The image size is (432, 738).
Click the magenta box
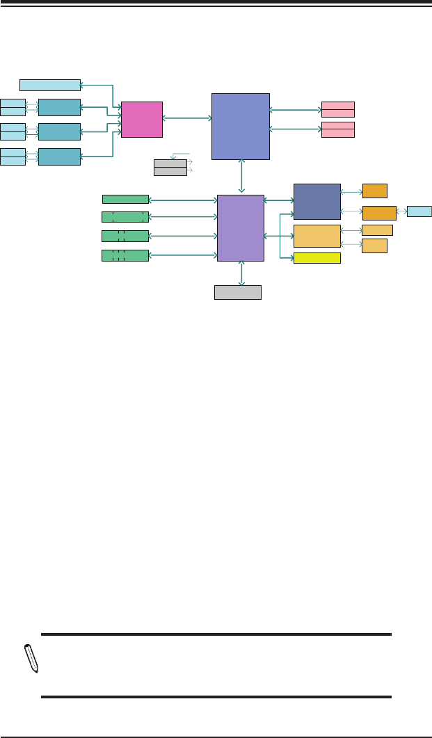142,119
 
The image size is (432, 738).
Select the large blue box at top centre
240,127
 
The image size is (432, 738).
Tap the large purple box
241,227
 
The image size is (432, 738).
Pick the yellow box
317,258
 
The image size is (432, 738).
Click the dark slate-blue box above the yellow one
317,202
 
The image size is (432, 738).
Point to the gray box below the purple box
238,292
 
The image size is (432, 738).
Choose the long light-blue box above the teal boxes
50,85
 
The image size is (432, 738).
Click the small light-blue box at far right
419,211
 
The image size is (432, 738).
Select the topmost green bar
125,200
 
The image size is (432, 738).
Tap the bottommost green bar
125,255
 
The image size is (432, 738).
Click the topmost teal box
59,107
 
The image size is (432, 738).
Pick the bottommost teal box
59,157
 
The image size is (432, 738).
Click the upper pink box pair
338,109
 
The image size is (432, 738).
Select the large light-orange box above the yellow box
317,236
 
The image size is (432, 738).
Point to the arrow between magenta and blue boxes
187,119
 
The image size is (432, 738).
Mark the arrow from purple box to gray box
241,273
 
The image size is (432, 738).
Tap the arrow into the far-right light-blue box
401,211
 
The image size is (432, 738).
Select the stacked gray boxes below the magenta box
170,167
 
